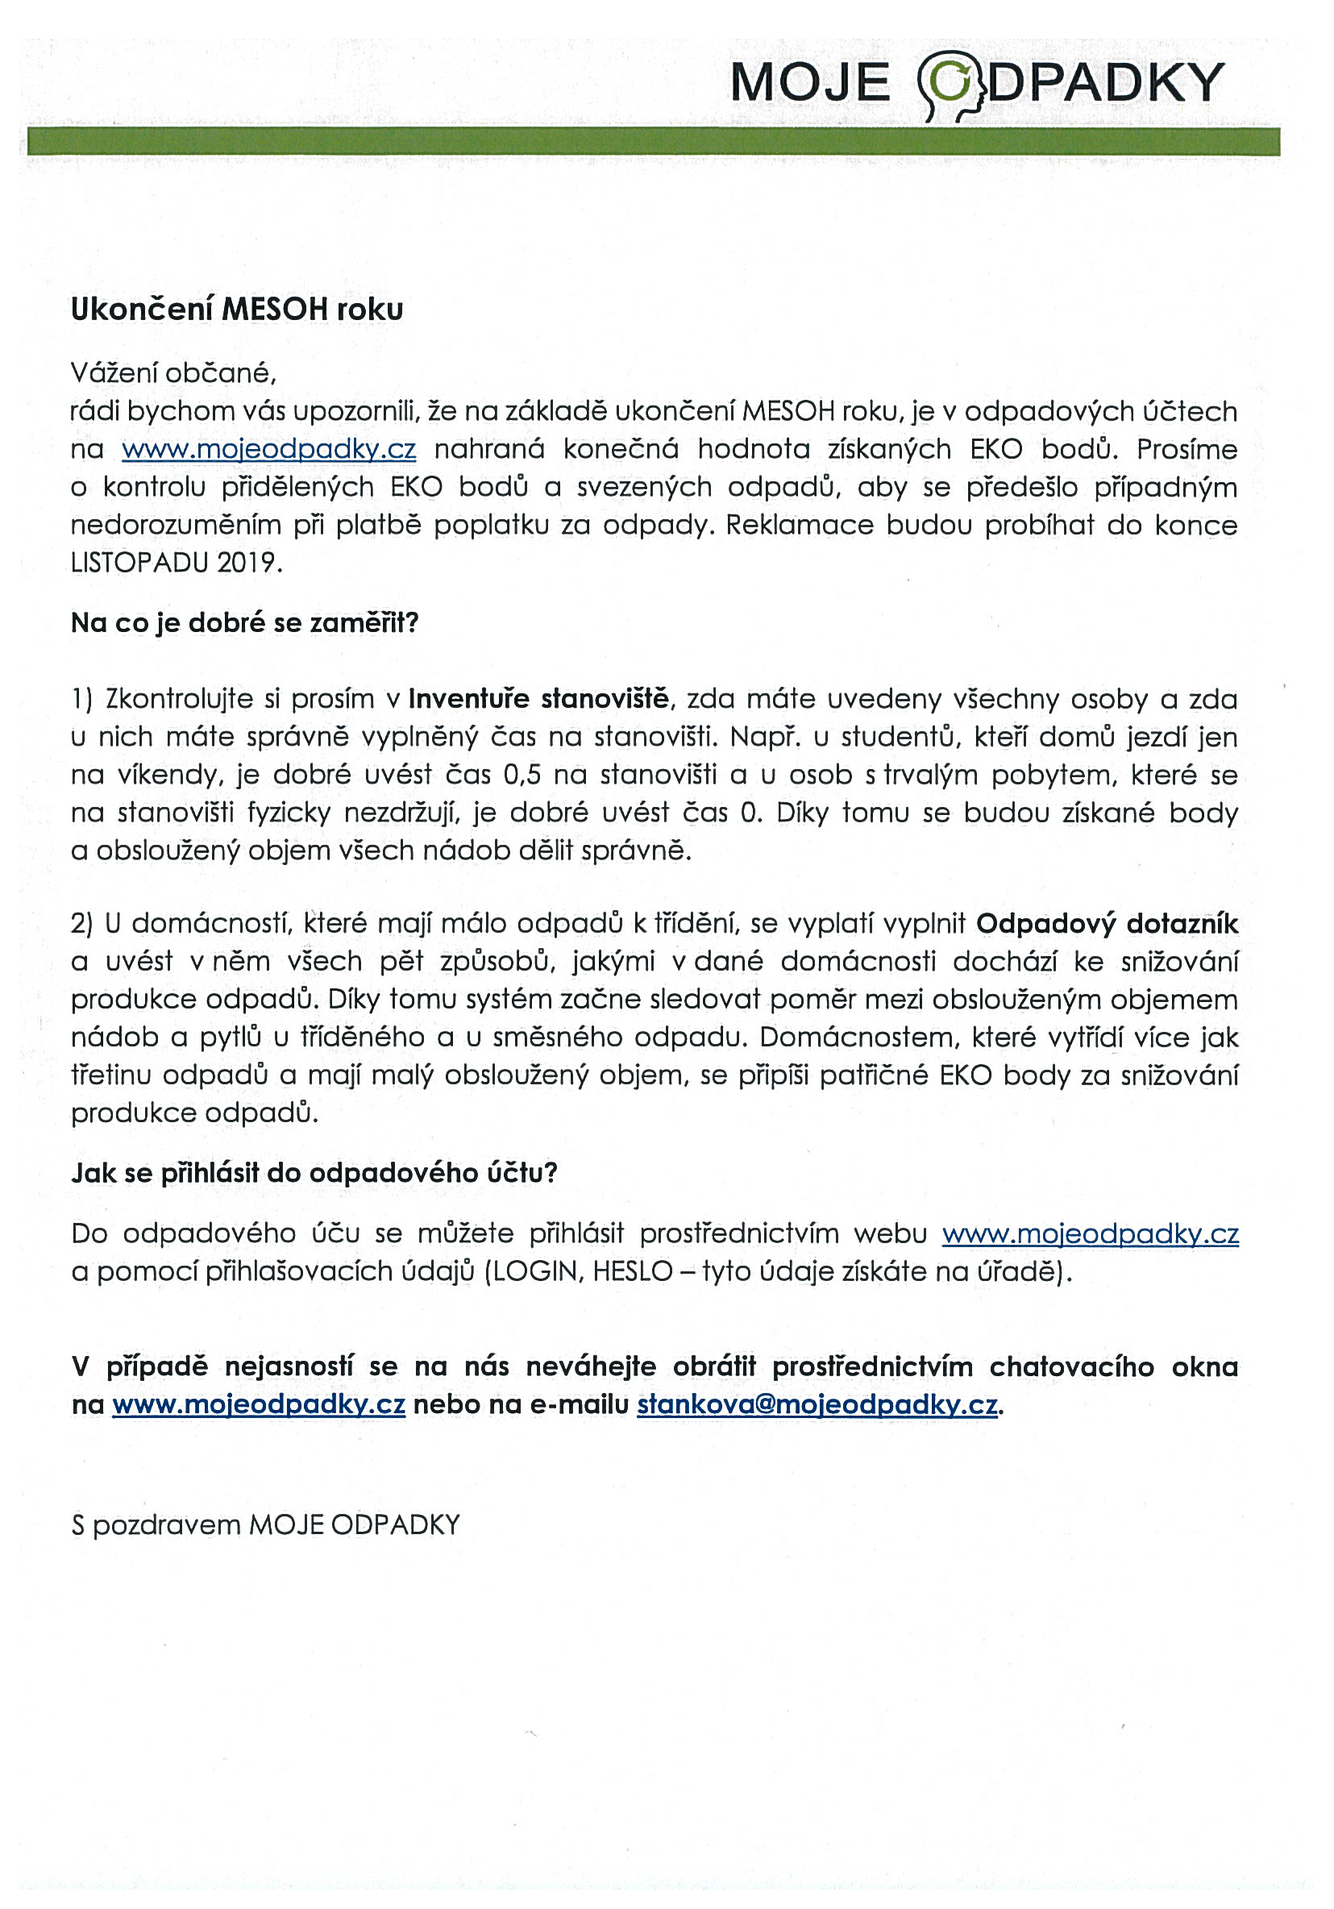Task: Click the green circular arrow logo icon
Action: click(x=949, y=83)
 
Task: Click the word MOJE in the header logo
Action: click(x=809, y=83)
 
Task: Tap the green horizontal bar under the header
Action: click(x=653, y=141)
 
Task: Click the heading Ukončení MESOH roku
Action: click(x=237, y=310)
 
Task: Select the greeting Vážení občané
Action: click(x=172, y=372)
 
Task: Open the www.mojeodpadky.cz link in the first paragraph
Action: click(x=268, y=449)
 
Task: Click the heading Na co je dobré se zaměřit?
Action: click(x=244, y=622)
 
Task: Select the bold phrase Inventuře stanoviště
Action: click(x=538, y=698)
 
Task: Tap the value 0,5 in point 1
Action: click(x=522, y=775)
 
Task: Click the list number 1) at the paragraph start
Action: click(x=81, y=698)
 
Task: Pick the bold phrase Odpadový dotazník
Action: click(x=1106, y=923)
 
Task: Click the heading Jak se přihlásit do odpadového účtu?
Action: click(x=314, y=1172)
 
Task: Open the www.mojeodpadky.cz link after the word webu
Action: click(x=1090, y=1233)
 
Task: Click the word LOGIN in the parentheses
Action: click(x=535, y=1271)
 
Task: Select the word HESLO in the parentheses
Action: click(x=632, y=1271)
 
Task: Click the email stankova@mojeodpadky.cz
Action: click(x=817, y=1404)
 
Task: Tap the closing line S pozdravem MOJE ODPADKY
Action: click(x=265, y=1525)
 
